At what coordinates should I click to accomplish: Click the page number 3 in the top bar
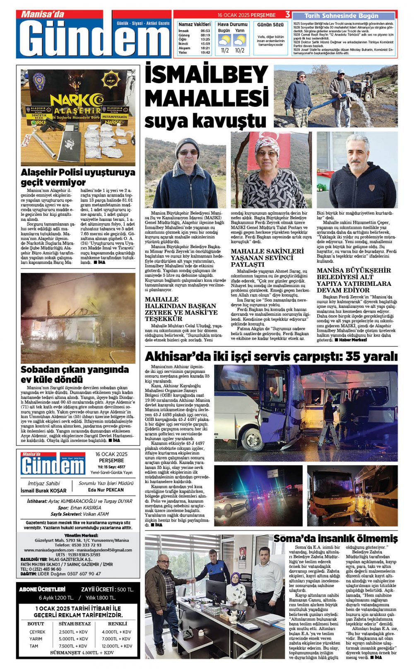click(x=287, y=14)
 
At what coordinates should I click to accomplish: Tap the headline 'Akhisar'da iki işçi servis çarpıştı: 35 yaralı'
click(x=271, y=356)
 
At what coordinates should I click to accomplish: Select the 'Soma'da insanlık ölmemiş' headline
click(x=335, y=539)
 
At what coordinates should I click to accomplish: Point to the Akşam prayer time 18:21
click(x=205, y=48)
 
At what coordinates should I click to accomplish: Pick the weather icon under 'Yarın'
click(x=240, y=40)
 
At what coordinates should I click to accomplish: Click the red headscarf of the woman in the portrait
click(x=267, y=143)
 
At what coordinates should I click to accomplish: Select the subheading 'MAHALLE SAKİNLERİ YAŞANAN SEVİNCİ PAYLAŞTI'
click(x=267, y=258)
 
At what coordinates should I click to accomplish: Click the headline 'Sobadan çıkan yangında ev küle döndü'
click(x=75, y=374)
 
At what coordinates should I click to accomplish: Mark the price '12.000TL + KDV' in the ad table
click(x=117, y=646)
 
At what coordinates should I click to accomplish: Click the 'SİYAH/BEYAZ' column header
click(x=75, y=623)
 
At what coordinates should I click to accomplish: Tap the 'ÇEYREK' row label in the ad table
click(x=37, y=632)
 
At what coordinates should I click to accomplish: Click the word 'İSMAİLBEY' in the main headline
click(x=206, y=75)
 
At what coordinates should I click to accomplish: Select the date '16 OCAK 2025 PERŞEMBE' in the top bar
click(x=246, y=15)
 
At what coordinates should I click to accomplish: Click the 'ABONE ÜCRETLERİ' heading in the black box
click(x=43, y=589)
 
